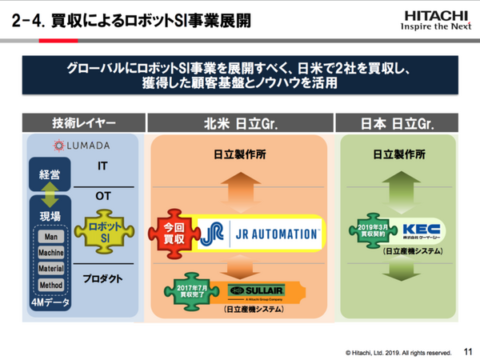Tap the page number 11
point(467,350)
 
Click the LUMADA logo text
point(86,145)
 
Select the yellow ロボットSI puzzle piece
point(102,231)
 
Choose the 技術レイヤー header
point(84,123)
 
